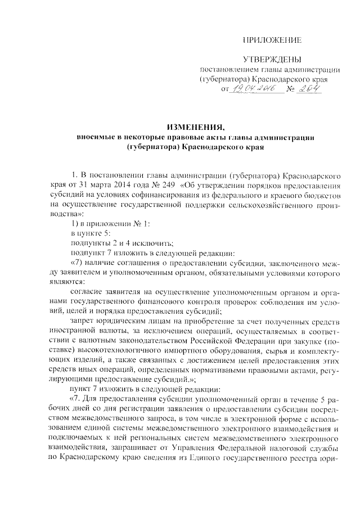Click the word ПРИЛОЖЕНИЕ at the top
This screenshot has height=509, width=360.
point(272,40)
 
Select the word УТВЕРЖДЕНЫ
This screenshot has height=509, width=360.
point(272,60)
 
